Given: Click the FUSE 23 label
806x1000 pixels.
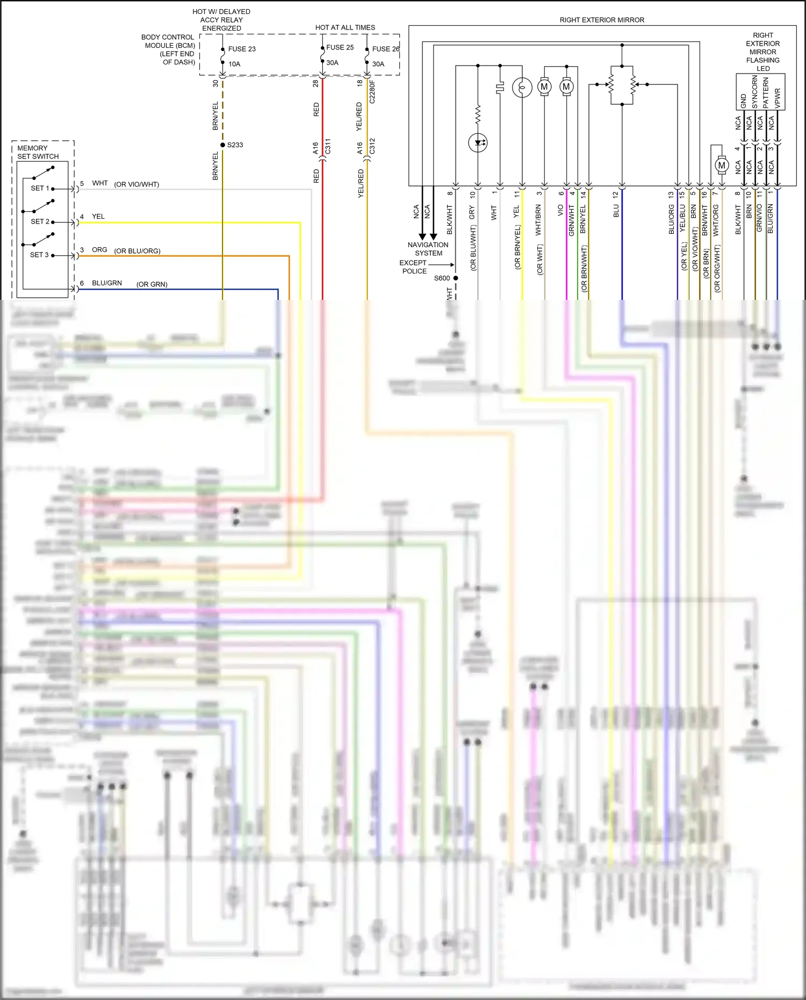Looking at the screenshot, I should pos(242,49).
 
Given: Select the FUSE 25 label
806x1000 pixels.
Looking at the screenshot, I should pos(340,47).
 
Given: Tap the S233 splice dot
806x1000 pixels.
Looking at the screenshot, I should pos(222,145).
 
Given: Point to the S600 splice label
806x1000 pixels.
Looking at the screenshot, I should pos(442,278).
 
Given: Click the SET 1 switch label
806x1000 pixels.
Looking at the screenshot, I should pos(40,189).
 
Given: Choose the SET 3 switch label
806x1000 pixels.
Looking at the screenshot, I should pos(39,255).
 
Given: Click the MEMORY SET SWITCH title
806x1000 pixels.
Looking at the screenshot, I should pos(38,152).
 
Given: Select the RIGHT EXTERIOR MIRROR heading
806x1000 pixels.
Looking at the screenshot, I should pos(602,20).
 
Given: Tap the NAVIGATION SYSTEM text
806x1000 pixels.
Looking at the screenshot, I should pos(428,249).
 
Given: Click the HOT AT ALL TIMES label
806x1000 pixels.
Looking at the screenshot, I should pos(345,27).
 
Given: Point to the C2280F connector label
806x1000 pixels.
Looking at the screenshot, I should pos(372,92).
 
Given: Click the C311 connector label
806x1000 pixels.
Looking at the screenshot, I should pos(328,147).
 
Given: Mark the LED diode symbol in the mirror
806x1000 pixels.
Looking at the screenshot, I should pos(478,143).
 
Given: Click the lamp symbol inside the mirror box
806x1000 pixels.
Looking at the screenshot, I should pos(522,87).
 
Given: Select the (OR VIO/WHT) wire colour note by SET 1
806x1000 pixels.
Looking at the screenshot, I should pos(136,185).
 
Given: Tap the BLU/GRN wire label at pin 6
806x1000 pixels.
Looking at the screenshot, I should pos(107,283).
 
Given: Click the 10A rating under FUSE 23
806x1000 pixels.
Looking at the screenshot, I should pos(234,64).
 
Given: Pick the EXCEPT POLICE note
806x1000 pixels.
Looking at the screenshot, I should pos(413,267).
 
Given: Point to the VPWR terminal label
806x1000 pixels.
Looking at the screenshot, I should pos(777,98).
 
